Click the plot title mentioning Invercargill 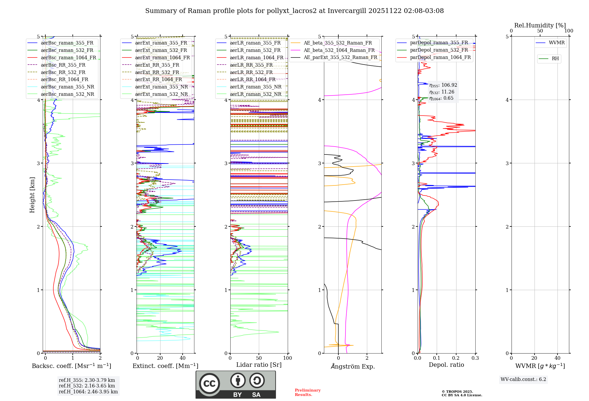294,11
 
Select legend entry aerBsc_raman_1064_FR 68,57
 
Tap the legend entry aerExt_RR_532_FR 157,72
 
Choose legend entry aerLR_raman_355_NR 256,87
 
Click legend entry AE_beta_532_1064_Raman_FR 339,50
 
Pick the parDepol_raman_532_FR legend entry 439,50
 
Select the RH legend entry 555,59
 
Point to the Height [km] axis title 32,195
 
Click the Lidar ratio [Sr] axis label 259,365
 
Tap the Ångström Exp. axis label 353,367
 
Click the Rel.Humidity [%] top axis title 540,25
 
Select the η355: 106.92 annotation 443,85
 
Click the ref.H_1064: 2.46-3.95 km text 88,392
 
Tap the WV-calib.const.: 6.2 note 523,379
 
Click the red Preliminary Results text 307,392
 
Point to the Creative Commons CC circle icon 209,383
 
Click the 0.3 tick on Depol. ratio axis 475,358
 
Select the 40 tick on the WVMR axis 557,358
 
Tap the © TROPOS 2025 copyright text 457,392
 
